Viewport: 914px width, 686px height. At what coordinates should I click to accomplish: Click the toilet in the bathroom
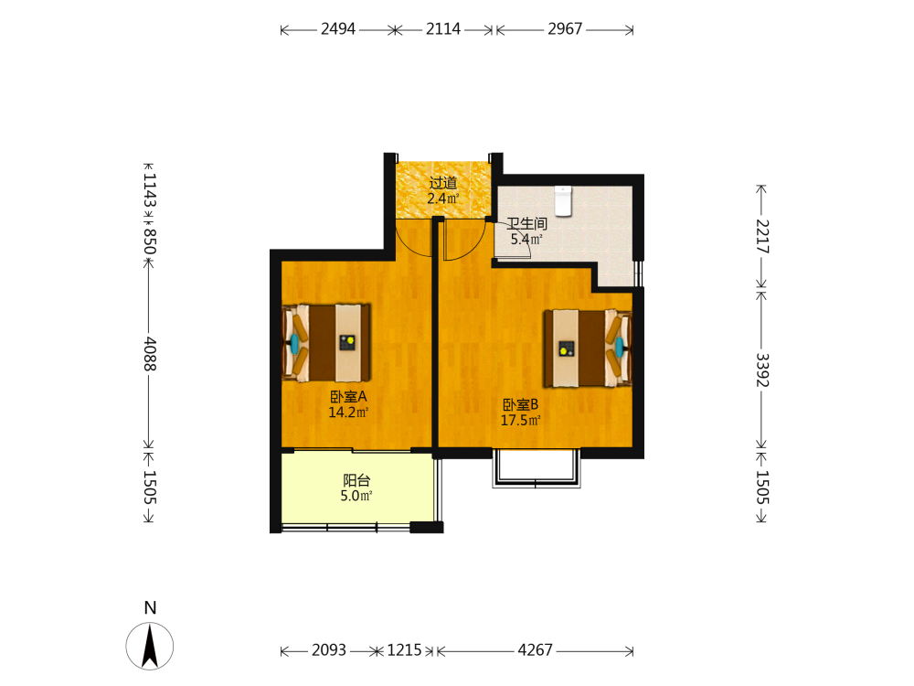[x=563, y=200]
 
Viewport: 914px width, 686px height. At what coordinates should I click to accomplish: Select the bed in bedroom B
[x=588, y=348]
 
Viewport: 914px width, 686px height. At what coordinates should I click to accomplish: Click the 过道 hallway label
[x=443, y=183]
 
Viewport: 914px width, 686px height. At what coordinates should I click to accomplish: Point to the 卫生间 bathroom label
[x=527, y=223]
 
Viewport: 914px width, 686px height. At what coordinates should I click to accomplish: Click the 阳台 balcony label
[x=356, y=481]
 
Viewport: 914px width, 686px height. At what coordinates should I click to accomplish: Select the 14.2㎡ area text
[x=348, y=413]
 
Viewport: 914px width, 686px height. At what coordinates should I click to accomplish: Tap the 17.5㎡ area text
[x=521, y=420]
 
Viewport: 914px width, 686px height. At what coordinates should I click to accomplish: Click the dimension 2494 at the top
[x=338, y=28]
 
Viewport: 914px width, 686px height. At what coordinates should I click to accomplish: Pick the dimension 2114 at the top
[x=443, y=28]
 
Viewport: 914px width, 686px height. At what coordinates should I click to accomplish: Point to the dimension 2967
[x=565, y=28]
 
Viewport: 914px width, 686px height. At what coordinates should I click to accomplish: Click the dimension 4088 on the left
[x=150, y=353]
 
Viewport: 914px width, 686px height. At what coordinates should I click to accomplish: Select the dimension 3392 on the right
[x=762, y=370]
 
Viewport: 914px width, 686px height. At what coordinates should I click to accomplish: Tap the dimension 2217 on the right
[x=762, y=236]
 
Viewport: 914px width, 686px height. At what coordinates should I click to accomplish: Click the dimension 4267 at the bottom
[x=535, y=649]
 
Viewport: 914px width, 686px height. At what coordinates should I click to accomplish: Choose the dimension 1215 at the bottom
[x=405, y=649]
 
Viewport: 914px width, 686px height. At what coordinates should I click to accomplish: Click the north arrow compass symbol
[x=150, y=646]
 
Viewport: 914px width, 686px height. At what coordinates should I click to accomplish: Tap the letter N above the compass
[x=151, y=608]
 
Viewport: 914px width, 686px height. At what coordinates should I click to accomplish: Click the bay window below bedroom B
[x=537, y=468]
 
